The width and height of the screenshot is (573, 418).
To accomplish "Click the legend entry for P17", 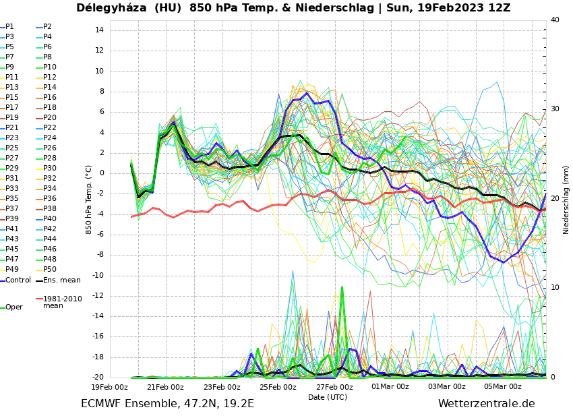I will pos(12,108).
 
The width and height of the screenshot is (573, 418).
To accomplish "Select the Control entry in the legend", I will pos(18,280).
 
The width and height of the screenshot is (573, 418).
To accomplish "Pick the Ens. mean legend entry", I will pos(61,280).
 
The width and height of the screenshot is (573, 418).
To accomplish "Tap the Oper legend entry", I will pos(13,307).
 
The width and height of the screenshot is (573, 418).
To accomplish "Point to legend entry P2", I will pos(47,27).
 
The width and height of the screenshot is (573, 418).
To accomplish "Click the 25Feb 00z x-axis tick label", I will pos(278,387).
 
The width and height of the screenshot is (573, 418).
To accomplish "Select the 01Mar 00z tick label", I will pos(390,387).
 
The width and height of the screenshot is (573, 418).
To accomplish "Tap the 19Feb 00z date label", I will pos(109,387).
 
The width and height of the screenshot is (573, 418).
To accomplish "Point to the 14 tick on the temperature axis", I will pos(98,30).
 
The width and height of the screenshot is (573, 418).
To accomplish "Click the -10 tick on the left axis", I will pos(96,275).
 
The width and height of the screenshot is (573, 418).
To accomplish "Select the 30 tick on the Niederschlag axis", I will pos(555,109).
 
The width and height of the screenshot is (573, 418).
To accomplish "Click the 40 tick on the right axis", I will pos(555,20).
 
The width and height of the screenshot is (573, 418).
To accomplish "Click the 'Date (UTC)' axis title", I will pos(328,398).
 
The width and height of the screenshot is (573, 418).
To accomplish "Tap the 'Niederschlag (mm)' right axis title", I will pos(566,200).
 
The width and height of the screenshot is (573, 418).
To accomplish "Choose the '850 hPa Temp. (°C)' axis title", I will pos(89,200).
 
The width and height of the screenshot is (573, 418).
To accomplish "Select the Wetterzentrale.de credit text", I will pos(486,404).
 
